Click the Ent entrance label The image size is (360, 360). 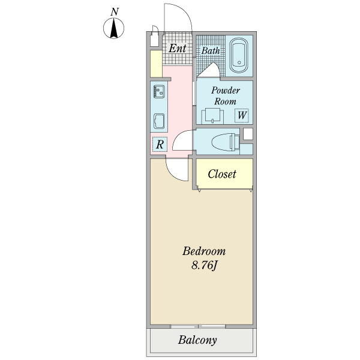click(x=177, y=48)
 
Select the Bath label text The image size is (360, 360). click(x=211, y=51)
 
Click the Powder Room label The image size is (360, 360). click(x=226, y=95)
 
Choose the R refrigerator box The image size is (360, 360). click(x=160, y=144)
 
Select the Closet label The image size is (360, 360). click(x=222, y=175)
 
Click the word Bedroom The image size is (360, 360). click(x=204, y=251)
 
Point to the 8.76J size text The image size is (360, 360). click(x=204, y=265)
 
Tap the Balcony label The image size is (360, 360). click(x=197, y=341)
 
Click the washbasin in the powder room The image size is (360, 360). click(x=212, y=115)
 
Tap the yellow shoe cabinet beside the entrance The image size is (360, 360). click(x=156, y=64)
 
